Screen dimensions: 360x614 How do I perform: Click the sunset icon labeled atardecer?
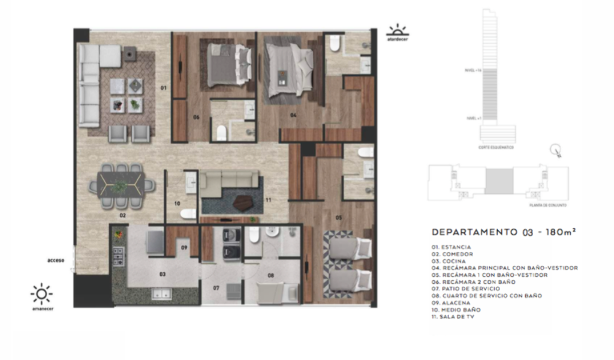pyautogui.click(x=396, y=31)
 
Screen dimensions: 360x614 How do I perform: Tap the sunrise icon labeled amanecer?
pyautogui.click(x=41, y=294)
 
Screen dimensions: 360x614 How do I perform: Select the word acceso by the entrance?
pyautogui.click(x=56, y=260)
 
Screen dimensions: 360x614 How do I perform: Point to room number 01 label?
pyautogui.click(x=162, y=88)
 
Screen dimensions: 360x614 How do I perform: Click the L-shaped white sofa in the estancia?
pyautogui.click(x=90, y=84)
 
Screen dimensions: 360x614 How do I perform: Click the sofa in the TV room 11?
pyautogui.click(x=230, y=181)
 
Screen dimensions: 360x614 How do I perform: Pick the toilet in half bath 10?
pyautogui.click(x=188, y=213)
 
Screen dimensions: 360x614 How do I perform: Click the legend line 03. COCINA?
pyautogui.click(x=450, y=261)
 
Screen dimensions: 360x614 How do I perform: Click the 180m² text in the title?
pyautogui.click(x=557, y=232)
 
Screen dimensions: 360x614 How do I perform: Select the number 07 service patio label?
pyautogui.click(x=216, y=288)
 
